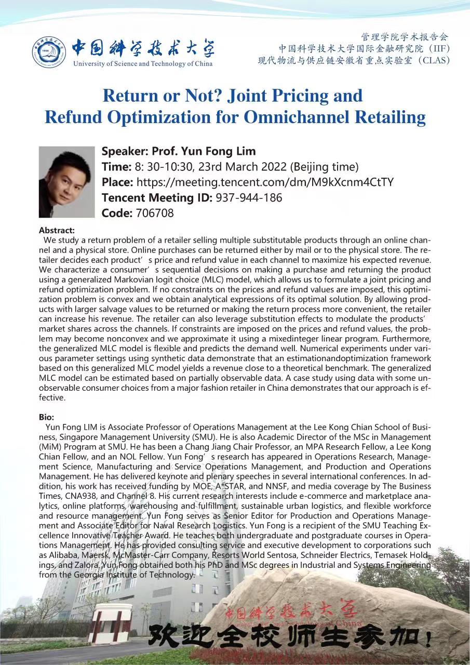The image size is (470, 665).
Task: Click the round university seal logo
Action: click(49, 52)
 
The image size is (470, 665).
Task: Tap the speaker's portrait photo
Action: click(66, 182)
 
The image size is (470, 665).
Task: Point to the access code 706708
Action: click(154, 213)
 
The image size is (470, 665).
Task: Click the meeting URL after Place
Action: click(264, 182)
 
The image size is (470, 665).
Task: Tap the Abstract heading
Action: click(57, 230)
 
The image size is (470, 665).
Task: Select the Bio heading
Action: click(46, 417)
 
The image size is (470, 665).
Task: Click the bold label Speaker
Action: click(125, 151)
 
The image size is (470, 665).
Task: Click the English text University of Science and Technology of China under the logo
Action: click(143, 64)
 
